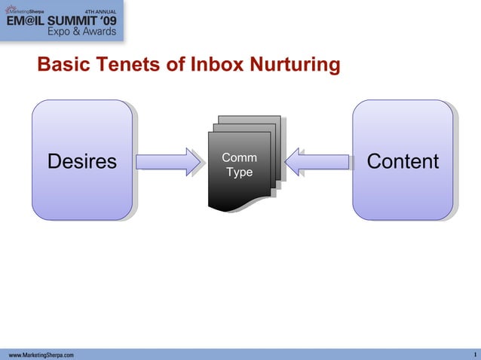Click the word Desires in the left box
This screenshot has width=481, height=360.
coord(82,162)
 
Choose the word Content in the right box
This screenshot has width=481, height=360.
coord(403,162)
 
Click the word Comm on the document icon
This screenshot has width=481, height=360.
coord(240,158)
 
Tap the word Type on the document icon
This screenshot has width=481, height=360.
coord(240,172)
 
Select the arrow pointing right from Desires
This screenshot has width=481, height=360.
coord(165,162)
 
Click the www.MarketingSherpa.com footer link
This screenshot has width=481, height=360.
coord(41,354)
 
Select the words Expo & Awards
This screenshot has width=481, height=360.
coord(81,32)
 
